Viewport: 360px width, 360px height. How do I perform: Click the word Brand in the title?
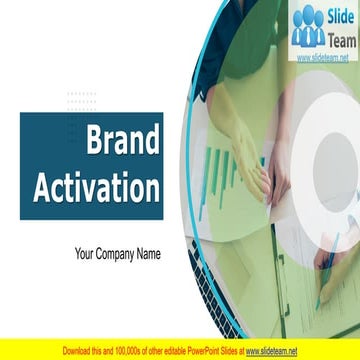click(122, 143)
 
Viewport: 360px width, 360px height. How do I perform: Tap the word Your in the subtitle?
click(86, 254)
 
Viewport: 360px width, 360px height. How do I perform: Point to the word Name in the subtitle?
click(149, 254)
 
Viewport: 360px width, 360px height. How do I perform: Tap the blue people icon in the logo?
click(308, 27)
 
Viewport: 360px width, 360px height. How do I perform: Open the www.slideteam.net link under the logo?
click(322, 58)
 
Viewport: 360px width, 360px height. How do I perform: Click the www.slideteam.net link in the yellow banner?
click(272, 351)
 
